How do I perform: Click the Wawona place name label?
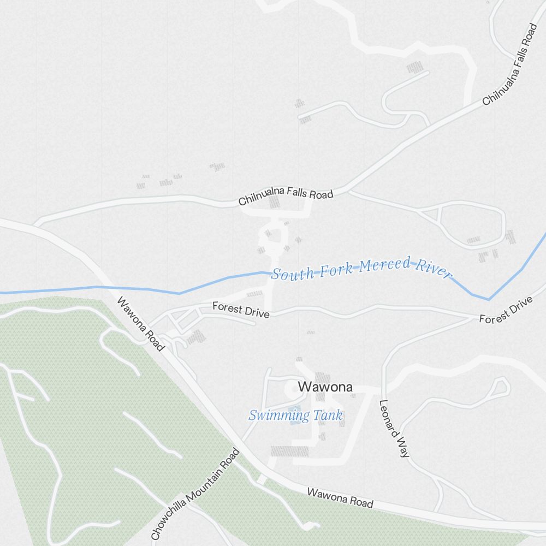(x=325, y=387)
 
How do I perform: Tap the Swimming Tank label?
(x=295, y=416)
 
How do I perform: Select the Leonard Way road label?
(x=394, y=429)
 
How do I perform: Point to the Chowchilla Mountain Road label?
(x=195, y=494)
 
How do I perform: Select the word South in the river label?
(x=289, y=274)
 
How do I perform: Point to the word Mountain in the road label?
(x=206, y=483)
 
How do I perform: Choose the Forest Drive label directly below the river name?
(x=241, y=310)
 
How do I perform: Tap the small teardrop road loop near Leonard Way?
(x=500, y=387)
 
